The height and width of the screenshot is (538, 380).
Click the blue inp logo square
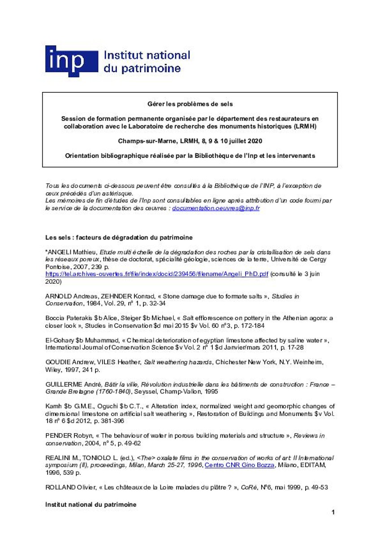[x=71, y=61]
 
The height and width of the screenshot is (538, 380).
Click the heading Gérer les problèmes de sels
[x=190, y=104]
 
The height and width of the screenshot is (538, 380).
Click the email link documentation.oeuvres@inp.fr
[x=216, y=208]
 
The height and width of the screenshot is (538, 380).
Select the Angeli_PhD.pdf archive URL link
[x=156, y=274]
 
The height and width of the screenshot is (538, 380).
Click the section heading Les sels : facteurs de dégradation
[x=119, y=237]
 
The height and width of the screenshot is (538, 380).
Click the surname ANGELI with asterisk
[x=60, y=252]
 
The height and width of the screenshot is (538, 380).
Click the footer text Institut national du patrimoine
[x=91, y=504]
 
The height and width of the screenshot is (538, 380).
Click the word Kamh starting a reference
[x=53, y=406]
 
